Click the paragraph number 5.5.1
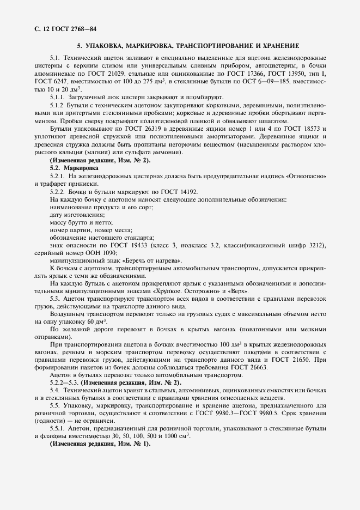tap(58, 428)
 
